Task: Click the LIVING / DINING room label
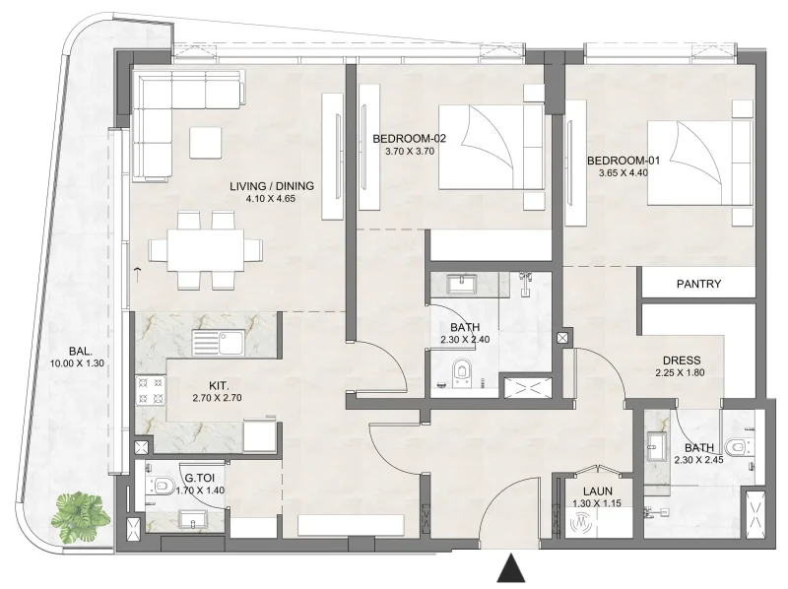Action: pyautogui.click(x=270, y=185)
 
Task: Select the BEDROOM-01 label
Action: pyautogui.click(x=619, y=161)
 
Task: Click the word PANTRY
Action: pyautogui.click(x=699, y=284)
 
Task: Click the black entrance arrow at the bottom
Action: pyautogui.click(x=509, y=568)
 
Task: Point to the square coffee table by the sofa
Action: pyautogui.click(x=206, y=143)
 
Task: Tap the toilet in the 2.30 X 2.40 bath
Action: pyautogui.click(x=466, y=373)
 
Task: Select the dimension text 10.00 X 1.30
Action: pyautogui.click(x=77, y=363)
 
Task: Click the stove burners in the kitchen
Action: pyautogui.click(x=150, y=391)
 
